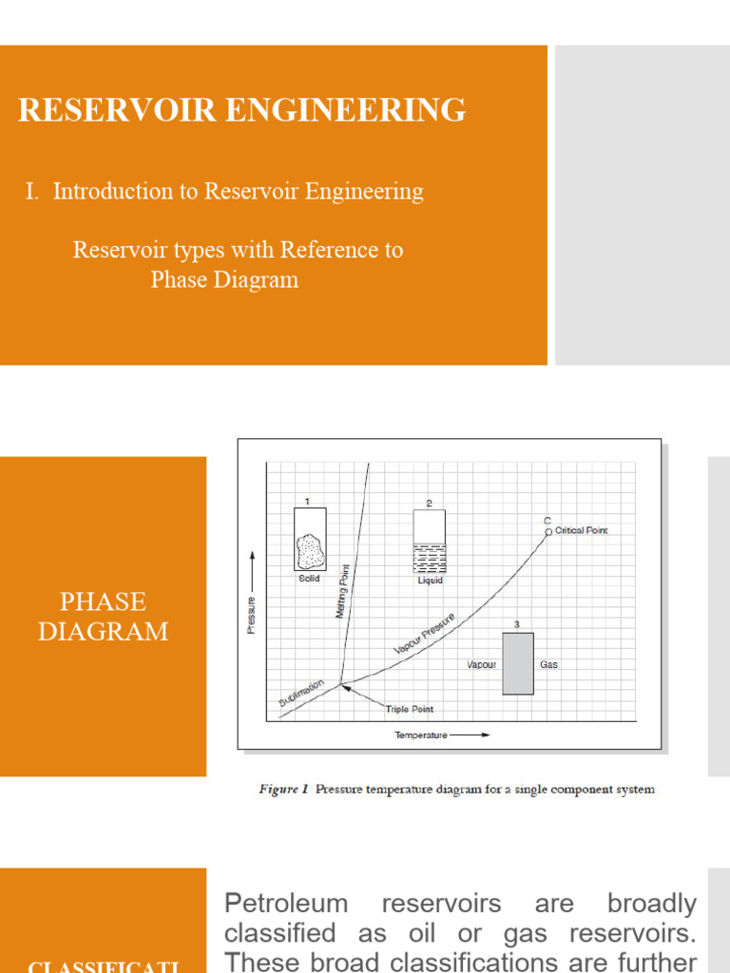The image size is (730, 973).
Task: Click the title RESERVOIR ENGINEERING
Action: pos(242,110)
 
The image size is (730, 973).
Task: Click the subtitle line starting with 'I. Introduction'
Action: pos(224,191)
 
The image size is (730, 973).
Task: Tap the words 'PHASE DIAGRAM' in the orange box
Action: pos(103,617)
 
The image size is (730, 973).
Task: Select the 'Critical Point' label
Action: pos(581,530)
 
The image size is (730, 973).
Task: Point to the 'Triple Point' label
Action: pos(410,709)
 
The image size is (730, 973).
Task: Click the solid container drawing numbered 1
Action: pos(310,539)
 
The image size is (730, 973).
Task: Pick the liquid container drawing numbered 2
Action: pos(430,541)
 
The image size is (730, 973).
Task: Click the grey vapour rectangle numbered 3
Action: pos(518,663)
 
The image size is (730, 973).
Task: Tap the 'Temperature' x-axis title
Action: pos(420,735)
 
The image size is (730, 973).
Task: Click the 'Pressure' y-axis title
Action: pos(252,616)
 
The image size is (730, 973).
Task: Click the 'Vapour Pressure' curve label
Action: pos(424,634)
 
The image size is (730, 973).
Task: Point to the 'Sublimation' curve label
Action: pos(301,692)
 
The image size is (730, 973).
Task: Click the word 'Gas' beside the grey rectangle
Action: pos(548,664)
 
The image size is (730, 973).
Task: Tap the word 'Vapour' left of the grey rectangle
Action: pos(482,664)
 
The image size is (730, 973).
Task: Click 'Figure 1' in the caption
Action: pos(283,789)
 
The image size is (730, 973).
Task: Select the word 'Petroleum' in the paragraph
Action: pos(286,903)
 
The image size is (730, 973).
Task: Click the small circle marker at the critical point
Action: pos(548,532)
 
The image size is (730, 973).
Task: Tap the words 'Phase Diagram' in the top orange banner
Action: pos(224,280)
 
